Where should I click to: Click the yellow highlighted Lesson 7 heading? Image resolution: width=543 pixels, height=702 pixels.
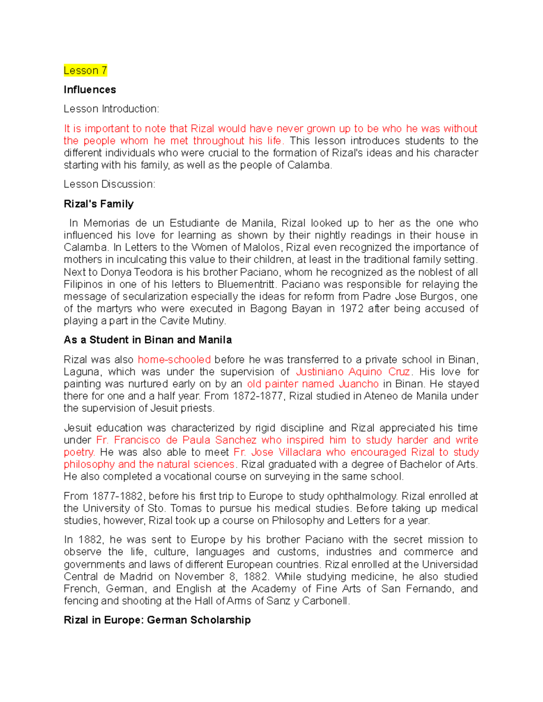point(85,71)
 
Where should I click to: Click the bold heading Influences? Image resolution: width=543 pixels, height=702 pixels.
point(90,90)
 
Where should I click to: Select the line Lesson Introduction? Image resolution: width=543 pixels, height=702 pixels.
point(111,109)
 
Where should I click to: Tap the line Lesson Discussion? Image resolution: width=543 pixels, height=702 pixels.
point(110,184)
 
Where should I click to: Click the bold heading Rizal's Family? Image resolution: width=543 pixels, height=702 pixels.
point(99,204)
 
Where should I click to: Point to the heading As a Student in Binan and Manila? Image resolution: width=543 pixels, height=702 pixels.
point(148,340)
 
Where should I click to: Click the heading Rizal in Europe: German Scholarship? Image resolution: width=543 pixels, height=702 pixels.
point(157,620)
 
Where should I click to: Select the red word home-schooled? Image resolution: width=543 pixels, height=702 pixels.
point(174,360)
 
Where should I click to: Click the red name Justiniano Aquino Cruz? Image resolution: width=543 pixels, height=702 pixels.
point(353,372)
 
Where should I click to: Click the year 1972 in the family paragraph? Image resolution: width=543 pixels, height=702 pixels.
point(352,309)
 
